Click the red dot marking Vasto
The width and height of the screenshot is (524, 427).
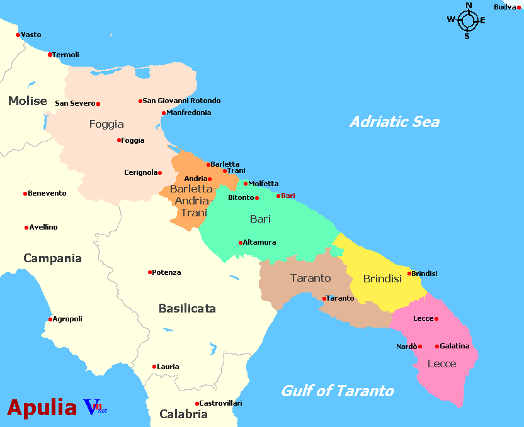(x=18, y=35)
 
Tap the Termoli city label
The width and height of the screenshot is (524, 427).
(x=66, y=55)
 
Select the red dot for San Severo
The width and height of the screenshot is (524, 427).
(x=98, y=104)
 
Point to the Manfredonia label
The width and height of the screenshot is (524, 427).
(x=188, y=113)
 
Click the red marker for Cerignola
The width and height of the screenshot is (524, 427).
(x=160, y=173)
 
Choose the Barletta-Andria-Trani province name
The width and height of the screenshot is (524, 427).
(x=193, y=201)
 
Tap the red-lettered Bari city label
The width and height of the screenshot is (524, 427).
(x=288, y=196)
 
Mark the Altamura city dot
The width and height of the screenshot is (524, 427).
(x=241, y=242)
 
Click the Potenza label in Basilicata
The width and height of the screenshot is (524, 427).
(x=167, y=272)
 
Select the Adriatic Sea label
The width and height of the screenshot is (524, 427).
(x=394, y=122)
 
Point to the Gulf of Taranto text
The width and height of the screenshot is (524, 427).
(x=338, y=391)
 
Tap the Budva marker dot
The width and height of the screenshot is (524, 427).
(x=519, y=8)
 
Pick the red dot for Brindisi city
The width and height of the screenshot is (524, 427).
(x=409, y=274)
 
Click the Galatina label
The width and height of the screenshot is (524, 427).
(x=455, y=346)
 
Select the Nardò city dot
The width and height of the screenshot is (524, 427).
(x=420, y=347)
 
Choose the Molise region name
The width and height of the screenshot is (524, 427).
(x=28, y=101)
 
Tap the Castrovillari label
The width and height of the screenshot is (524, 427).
(x=220, y=403)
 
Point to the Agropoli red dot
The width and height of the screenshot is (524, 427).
(x=50, y=319)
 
